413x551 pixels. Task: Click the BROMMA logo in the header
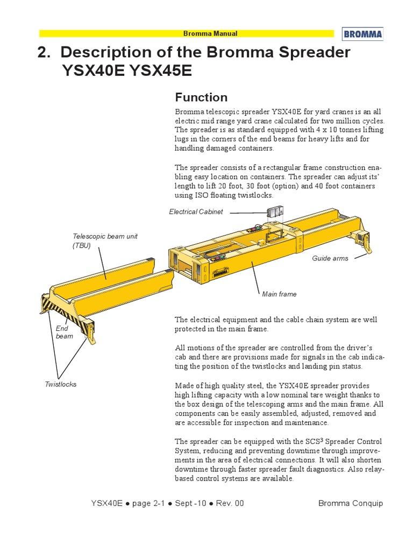point(362,34)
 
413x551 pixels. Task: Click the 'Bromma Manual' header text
point(210,33)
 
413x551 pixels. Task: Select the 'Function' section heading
point(201,97)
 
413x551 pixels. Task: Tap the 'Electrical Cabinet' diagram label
point(196,212)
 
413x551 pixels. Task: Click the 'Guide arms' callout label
point(330,258)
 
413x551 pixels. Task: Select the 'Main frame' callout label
point(279,294)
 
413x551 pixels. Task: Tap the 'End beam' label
point(65,332)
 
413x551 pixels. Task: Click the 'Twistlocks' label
point(60,384)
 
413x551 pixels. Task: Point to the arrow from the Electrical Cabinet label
point(247,212)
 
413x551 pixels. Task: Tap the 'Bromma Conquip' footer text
point(351,503)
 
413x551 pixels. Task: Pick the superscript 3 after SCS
point(322,440)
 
